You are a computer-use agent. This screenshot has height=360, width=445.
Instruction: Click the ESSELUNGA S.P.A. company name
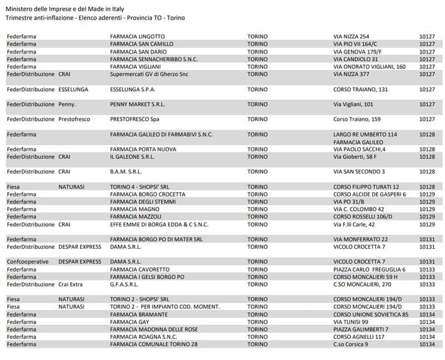(x=133, y=89)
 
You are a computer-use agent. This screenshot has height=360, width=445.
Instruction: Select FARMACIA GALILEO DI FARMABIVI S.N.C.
(x=161, y=134)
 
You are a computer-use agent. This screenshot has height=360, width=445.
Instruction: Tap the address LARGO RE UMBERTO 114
(x=365, y=134)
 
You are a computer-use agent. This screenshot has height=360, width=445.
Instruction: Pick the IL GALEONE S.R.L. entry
(x=132, y=157)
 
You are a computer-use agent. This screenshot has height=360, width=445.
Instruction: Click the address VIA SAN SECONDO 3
(x=359, y=171)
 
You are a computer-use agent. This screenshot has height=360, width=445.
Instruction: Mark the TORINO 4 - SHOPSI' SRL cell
(x=140, y=187)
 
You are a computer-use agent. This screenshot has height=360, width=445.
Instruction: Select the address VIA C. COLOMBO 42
(x=358, y=209)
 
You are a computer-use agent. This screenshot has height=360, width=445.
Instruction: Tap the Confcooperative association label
(x=28, y=262)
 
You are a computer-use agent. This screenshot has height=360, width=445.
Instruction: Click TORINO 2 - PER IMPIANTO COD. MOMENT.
(x=165, y=307)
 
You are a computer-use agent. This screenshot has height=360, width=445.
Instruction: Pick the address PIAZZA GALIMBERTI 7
(x=360, y=329)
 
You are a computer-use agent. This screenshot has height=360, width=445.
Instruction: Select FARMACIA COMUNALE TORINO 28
(x=154, y=344)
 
